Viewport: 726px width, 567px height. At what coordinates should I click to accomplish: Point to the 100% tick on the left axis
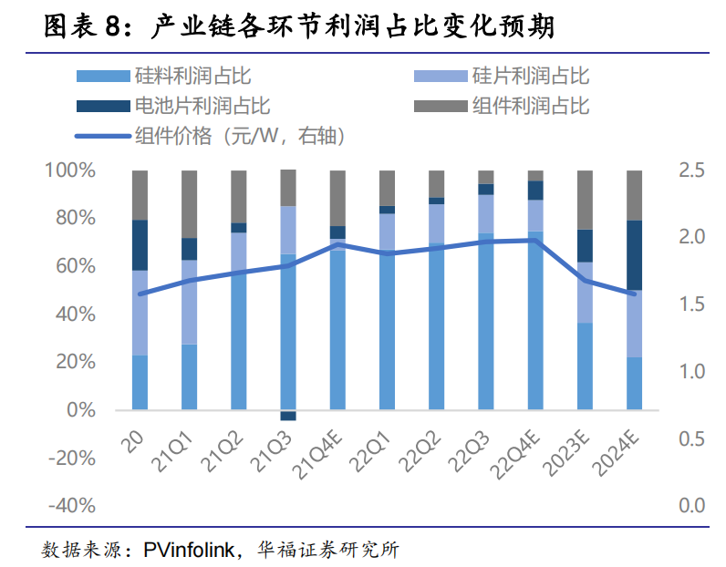click(69, 170)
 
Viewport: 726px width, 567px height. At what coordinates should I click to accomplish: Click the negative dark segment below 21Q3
click(288, 416)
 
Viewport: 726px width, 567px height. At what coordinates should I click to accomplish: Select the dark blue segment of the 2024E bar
click(635, 255)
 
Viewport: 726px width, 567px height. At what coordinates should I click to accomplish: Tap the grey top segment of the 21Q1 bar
click(189, 204)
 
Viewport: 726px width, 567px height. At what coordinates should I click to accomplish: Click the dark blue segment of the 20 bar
click(140, 245)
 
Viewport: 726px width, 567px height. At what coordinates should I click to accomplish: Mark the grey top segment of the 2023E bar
click(585, 200)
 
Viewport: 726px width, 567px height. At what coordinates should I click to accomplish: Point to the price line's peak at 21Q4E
click(337, 244)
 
